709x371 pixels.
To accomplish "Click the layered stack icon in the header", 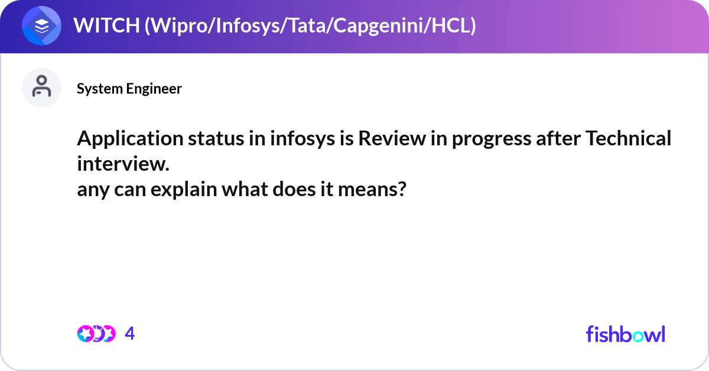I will [x=41, y=26].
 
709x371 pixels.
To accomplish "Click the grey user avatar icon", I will [x=41, y=87].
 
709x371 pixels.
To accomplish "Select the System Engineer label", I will [x=129, y=89].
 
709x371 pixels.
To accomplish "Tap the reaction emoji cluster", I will [x=95, y=334].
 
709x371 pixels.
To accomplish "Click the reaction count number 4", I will [x=130, y=334].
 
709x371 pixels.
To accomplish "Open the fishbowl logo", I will [x=625, y=334].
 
